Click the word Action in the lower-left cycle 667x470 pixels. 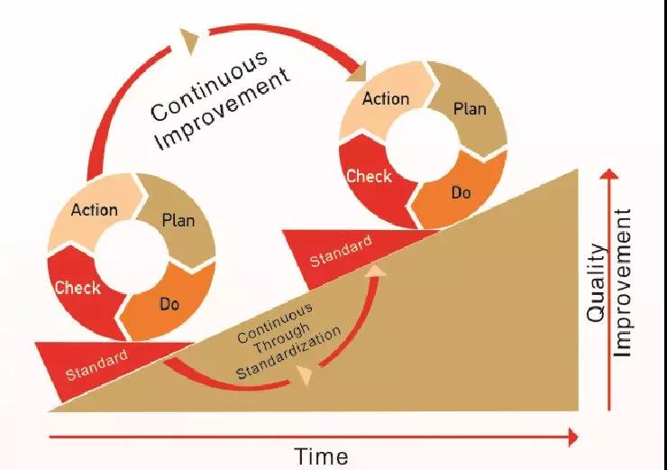pyautogui.click(x=95, y=209)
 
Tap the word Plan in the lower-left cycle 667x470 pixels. pyautogui.click(x=178, y=220)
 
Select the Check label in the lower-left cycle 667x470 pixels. pyautogui.click(x=78, y=288)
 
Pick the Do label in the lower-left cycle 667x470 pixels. pyautogui.click(x=169, y=304)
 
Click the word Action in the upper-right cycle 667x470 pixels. pyautogui.click(x=386, y=98)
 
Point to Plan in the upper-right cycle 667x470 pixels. pyautogui.click(x=470, y=109)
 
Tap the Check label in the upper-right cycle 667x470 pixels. pyautogui.click(x=370, y=176)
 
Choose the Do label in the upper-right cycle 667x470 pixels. pyautogui.click(x=461, y=193)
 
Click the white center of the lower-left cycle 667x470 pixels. pyautogui.click(x=132, y=257)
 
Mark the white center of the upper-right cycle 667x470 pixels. pyautogui.click(x=424, y=144)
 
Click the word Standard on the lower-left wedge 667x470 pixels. pyautogui.click(x=97, y=365)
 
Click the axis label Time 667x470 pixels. pyautogui.click(x=322, y=456)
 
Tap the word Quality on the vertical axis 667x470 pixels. pyautogui.click(x=596, y=282)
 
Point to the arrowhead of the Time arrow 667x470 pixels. pyautogui.click(x=574, y=438)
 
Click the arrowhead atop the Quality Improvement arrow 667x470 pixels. pyautogui.click(x=609, y=174)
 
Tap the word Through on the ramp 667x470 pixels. pyautogui.click(x=281, y=338)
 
